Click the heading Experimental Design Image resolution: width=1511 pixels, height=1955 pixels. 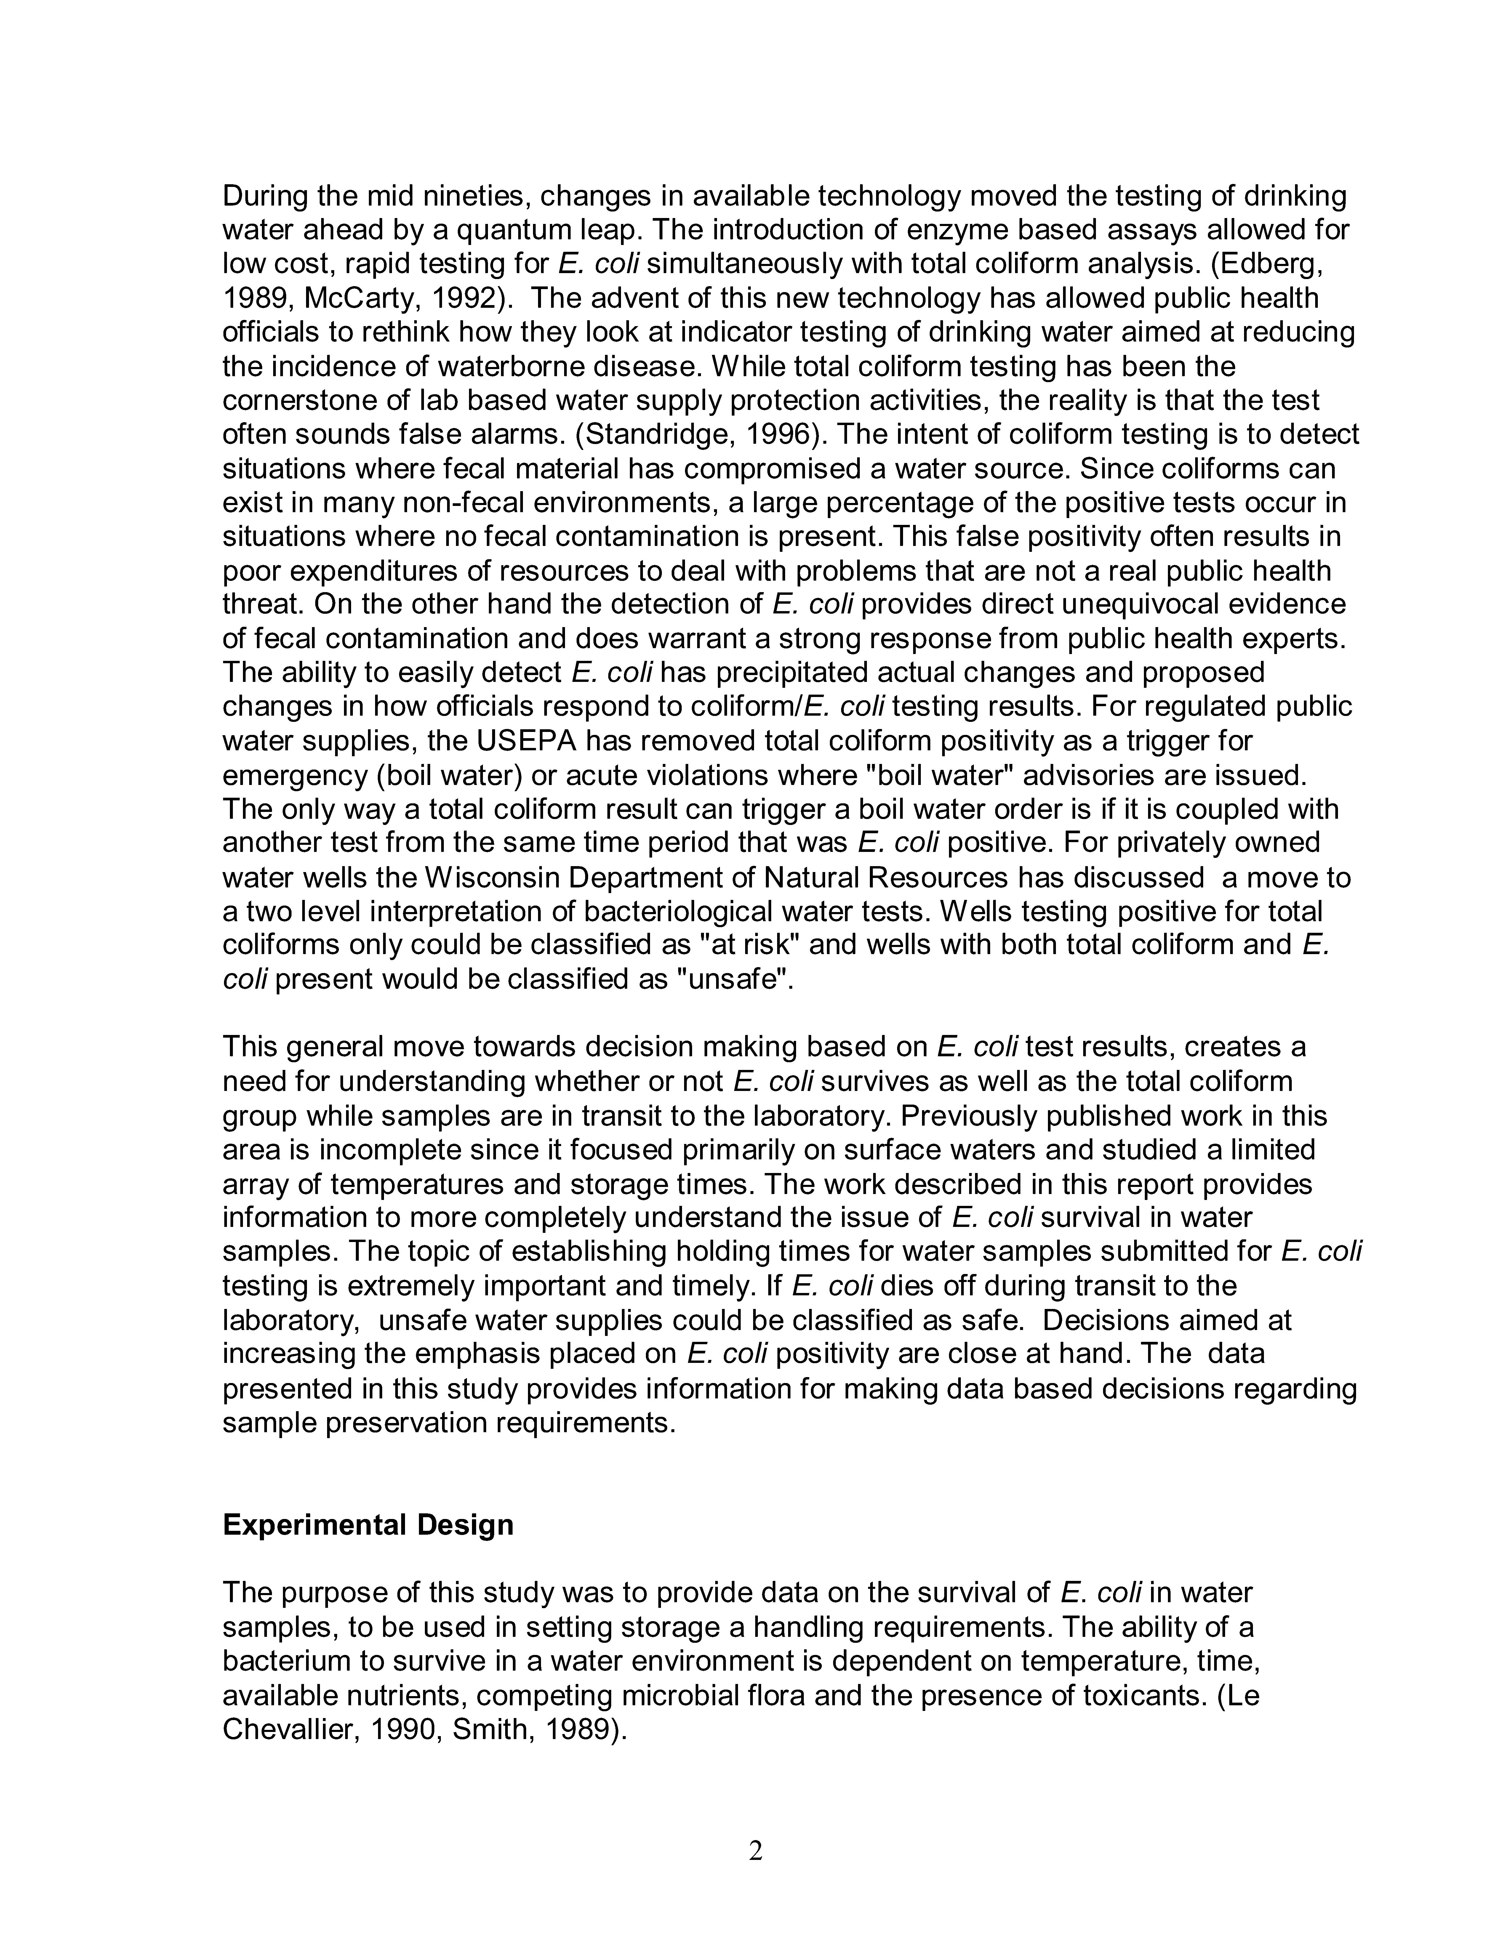click(x=368, y=1524)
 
